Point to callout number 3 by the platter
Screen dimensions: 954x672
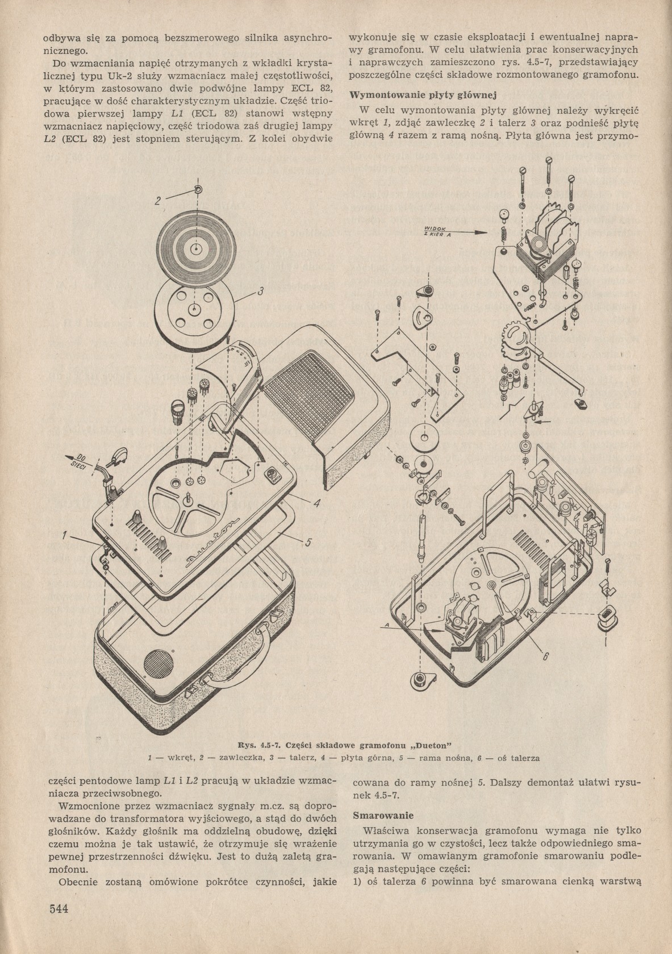[x=260, y=292]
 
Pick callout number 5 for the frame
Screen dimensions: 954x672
[x=307, y=543]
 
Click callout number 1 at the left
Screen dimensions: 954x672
[x=65, y=535]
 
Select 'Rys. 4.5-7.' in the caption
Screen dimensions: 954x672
[x=251, y=745]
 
